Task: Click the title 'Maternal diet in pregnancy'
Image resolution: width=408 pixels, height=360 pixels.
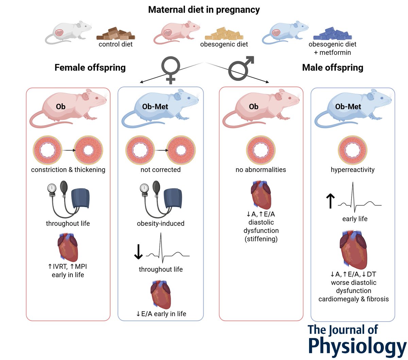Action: (204, 10)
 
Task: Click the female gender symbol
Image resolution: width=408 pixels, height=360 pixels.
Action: (170, 68)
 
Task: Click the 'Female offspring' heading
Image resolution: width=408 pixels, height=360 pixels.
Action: (90, 67)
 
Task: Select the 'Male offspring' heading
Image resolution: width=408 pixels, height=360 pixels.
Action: (333, 67)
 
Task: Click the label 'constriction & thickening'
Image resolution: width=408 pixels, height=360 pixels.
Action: (68, 170)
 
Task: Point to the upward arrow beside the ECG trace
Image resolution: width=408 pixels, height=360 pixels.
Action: (330, 201)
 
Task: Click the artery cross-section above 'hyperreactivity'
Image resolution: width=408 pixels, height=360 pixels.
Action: (353, 150)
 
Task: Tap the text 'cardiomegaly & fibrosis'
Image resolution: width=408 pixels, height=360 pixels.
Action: (353, 299)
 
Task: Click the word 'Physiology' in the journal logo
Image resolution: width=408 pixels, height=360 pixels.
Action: (357, 347)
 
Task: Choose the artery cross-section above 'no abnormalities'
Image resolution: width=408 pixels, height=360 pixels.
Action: (261, 150)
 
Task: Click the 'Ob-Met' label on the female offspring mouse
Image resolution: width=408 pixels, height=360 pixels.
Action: (155, 106)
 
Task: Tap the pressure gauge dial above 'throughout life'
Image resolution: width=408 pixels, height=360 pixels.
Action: (52, 188)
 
